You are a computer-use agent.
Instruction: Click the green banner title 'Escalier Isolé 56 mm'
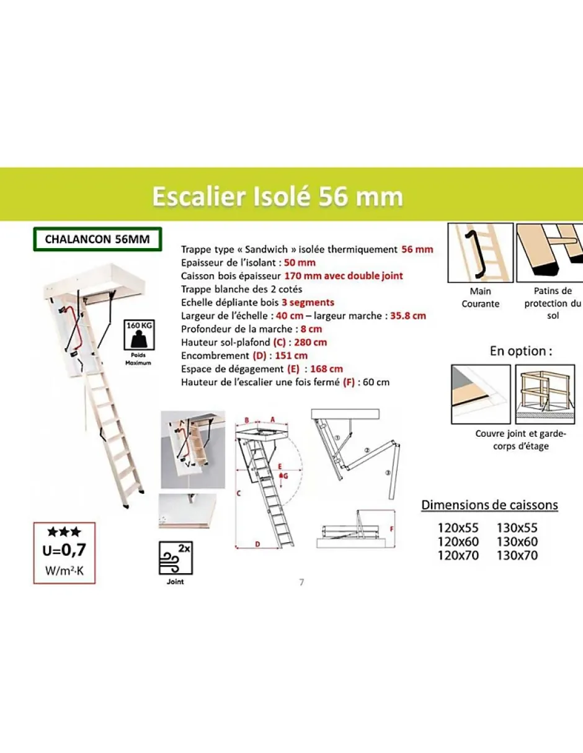tap(278, 197)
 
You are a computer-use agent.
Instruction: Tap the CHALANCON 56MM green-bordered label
tap(97, 239)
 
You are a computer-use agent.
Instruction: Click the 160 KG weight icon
tap(139, 335)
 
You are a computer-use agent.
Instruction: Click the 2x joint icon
tap(176, 558)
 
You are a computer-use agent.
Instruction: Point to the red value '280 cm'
tap(310, 342)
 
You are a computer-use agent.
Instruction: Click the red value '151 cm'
tap(291, 355)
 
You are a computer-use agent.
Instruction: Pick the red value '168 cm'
tap(326, 368)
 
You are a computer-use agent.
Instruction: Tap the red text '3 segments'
tap(308, 303)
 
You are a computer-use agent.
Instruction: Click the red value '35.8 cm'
tap(408, 316)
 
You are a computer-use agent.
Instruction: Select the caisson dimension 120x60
tap(458, 541)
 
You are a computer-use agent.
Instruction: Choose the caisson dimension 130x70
tap(517, 556)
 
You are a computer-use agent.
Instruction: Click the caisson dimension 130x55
tap(517, 528)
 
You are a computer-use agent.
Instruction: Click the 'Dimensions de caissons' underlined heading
tap(489, 505)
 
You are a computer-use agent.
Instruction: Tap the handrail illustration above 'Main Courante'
tap(481, 252)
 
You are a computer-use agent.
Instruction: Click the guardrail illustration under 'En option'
tap(545, 394)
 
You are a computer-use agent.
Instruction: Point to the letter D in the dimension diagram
tap(257, 545)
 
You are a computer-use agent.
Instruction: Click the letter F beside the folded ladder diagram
tap(392, 529)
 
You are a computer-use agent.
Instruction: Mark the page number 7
tap(301, 582)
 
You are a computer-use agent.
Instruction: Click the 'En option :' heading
tap(520, 351)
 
